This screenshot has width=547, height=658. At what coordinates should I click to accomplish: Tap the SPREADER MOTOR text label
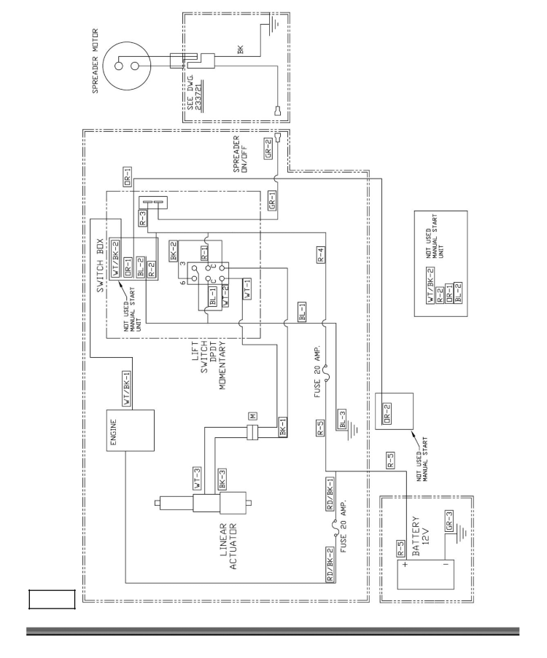click(95, 61)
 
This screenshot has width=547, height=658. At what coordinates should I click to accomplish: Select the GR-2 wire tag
click(268, 149)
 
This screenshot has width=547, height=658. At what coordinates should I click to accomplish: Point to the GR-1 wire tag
click(272, 200)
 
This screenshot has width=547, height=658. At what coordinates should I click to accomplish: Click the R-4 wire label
click(321, 255)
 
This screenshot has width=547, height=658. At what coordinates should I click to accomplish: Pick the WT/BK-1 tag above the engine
click(126, 388)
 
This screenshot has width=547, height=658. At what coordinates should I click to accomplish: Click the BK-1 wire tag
click(283, 427)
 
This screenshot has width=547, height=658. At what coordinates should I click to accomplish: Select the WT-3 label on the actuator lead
click(198, 479)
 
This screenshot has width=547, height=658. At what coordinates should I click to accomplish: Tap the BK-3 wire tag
click(222, 479)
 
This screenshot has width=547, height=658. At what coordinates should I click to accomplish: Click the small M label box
click(252, 416)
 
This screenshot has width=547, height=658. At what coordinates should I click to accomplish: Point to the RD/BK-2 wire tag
click(330, 565)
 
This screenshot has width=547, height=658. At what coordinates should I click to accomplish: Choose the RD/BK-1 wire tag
click(330, 494)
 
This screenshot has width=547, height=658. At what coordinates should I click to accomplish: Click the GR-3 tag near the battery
click(449, 521)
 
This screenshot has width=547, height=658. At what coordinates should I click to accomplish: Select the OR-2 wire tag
click(387, 413)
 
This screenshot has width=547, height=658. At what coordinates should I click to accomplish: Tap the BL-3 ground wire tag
click(342, 420)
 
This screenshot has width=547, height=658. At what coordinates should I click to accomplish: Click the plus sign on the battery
click(405, 564)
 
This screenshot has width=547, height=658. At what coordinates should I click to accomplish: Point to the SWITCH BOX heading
click(100, 266)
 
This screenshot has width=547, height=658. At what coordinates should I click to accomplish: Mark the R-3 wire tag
click(143, 218)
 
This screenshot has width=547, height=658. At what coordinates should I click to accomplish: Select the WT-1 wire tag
click(247, 289)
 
